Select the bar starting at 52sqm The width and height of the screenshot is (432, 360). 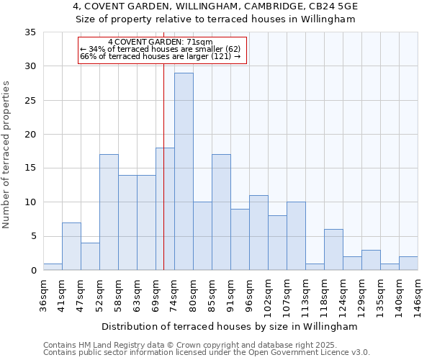click(109, 212)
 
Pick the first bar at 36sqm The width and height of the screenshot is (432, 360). click(53, 266)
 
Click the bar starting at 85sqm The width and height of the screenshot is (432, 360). click(221, 212)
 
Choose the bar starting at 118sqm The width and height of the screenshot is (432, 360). click(333, 250)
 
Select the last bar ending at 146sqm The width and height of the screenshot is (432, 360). click(408, 264)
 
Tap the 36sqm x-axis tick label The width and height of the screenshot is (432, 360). click(44, 294)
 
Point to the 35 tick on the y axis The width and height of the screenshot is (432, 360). click(30, 32)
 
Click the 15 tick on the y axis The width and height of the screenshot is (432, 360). click(30, 168)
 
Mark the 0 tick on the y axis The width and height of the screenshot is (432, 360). click(33, 271)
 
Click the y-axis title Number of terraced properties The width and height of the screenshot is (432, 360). click(7, 155)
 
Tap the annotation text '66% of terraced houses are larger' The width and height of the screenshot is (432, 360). click(160, 56)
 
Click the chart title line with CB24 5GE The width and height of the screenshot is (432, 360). click(216, 6)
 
